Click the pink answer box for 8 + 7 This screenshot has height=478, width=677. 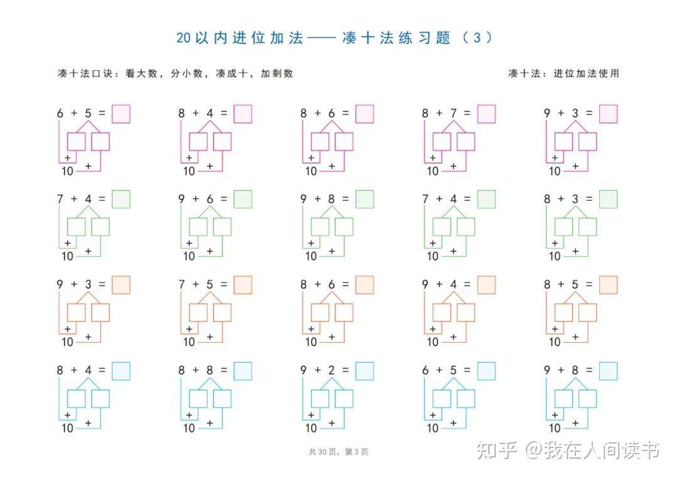coord(486,114)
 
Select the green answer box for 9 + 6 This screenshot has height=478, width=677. coord(243,199)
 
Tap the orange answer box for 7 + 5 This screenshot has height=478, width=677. coord(243,284)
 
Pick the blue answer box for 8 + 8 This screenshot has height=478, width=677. coord(243,371)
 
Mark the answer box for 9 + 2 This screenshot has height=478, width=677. coord(365,371)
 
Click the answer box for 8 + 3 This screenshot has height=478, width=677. coord(608,199)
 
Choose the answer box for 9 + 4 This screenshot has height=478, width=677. coord(486,284)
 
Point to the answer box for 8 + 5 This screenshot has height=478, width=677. coord(608,284)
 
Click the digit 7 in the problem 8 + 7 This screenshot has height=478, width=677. coord(453,113)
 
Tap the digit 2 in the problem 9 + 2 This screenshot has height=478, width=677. coord(332,370)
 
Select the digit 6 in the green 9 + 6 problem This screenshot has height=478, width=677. coord(210,199)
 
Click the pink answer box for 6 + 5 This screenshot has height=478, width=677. coord(121,114)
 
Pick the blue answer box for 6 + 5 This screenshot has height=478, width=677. coord(486,371)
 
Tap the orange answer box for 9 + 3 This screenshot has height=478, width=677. coord(121,284)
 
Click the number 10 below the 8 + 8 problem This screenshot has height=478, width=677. coord(189,428)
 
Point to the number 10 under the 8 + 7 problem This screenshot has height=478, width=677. coord(433,171)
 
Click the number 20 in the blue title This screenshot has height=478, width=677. coord(183,38)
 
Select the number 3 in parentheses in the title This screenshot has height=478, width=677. coord(476,38)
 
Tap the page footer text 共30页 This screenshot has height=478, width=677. coord(323,452)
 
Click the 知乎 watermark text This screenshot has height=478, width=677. coord(497,450)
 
